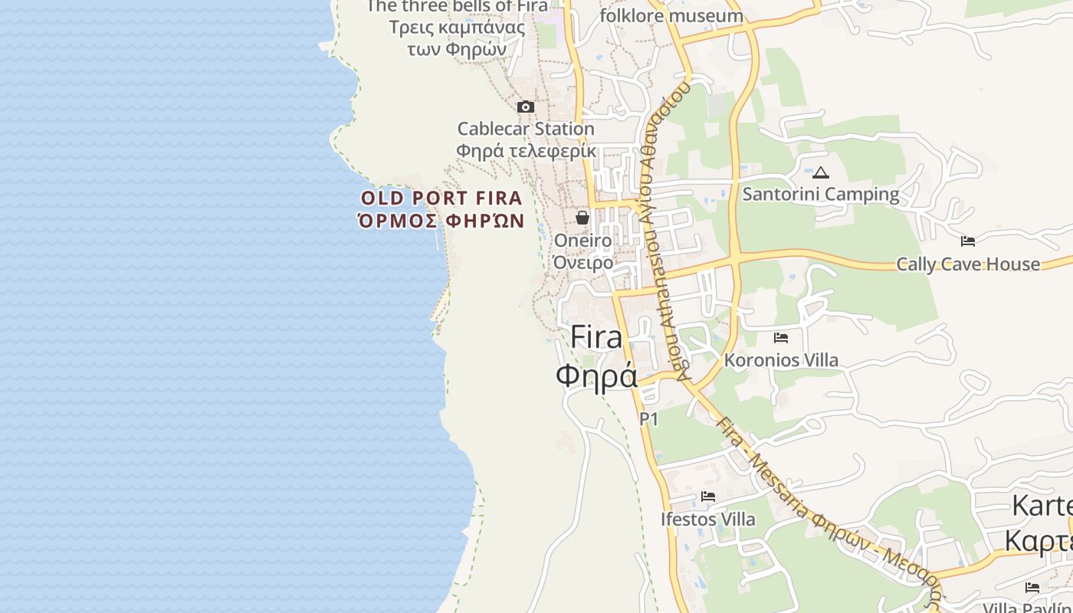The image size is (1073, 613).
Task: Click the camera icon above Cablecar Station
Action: coord(526,107)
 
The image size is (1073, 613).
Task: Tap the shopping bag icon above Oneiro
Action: coord(582,218)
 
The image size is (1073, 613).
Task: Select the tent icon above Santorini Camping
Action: coord(821,173)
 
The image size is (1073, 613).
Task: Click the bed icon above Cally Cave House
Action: coord(968,241)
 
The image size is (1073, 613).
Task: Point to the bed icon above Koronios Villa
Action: coord(781,337)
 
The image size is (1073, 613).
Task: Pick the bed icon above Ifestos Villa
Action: coord(708,497)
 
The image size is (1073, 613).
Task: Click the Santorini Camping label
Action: coord(821,194)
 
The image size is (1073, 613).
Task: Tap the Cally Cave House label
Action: coord(968,264)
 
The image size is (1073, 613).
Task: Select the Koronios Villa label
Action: coord(781,359)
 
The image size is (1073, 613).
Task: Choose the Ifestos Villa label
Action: coord(707,519)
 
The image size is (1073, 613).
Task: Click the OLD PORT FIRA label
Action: coord(441,198)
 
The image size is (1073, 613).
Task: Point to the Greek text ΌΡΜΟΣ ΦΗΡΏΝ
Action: coord(441,221)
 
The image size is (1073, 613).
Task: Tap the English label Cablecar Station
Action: coord(526,128)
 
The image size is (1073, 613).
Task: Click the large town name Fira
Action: coord(596,338)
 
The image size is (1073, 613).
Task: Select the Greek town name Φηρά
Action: coord(596,375)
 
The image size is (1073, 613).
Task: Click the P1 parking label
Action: coord(648,418)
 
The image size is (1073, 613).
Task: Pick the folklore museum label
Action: coord(671,15)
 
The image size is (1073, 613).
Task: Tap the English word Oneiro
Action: coord(582,241)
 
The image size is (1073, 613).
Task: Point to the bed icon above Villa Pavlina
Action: coord(1032,588)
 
